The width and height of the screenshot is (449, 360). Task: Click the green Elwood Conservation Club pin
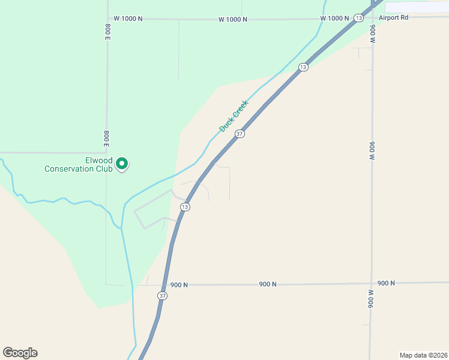(122, 163)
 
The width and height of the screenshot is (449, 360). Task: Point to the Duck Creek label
(234, 116)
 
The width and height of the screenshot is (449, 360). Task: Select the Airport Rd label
(393, 18)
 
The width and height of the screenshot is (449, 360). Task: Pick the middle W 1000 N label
(233, 19)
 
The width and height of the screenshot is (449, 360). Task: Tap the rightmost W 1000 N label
(334, 19)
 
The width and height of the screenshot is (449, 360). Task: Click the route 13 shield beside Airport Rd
(358, 19)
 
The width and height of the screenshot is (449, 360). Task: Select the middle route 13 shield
(303, 67)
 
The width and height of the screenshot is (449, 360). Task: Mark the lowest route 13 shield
(185, 207)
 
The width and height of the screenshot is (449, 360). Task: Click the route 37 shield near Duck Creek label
(240, 134)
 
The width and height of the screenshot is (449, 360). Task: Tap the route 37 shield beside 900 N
(162, 296)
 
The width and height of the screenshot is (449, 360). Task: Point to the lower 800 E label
(106, 139)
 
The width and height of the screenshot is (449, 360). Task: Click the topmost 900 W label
(372, 34)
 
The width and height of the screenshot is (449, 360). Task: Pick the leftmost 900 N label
(179, 285)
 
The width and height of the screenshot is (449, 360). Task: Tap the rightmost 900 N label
(387, 283)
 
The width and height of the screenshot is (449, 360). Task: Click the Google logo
(20, 353)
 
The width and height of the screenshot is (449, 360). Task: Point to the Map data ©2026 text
(423, 355)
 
